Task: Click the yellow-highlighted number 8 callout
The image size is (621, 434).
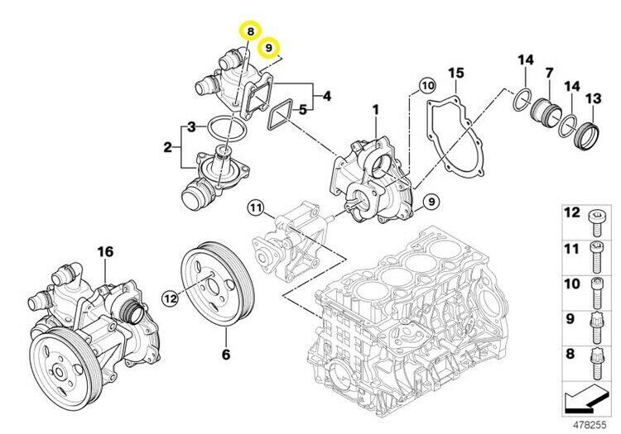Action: (250, 31)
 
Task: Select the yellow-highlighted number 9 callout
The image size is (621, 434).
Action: (269, 49)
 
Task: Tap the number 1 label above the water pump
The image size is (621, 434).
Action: (374, 109)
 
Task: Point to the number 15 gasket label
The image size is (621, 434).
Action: (455, 76)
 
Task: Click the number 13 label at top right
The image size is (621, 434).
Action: (594, 99)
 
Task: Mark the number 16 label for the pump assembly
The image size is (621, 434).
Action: (104, 250)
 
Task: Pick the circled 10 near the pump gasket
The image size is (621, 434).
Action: (426, 85)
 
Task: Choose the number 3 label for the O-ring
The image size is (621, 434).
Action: (191, 127)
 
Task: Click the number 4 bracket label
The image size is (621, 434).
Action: (327, 97)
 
